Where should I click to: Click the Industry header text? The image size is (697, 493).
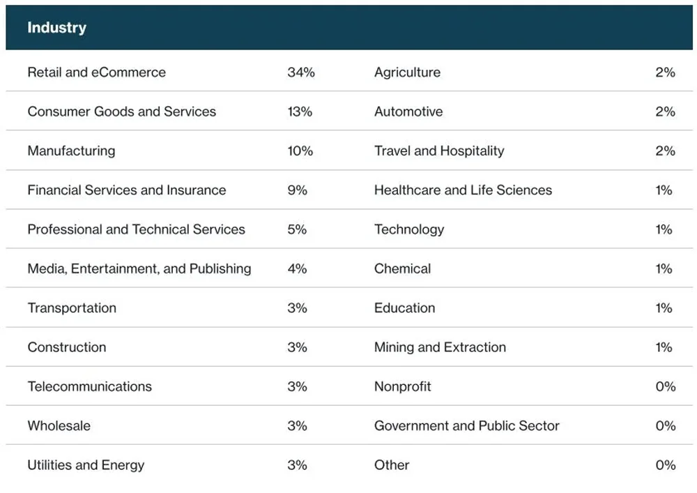56,28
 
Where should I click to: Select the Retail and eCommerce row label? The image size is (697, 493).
96,73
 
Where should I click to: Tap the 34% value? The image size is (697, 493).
300,73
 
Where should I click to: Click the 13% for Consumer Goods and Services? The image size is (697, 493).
300,112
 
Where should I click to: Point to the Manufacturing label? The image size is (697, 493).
71,151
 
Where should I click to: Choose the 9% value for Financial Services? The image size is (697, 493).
297,190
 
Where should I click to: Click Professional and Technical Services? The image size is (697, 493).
136,229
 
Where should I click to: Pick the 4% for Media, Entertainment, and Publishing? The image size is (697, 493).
297,268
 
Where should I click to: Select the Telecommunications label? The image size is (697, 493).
89,386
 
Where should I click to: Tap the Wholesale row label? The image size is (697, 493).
59,425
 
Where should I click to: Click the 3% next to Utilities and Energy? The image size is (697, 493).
297,465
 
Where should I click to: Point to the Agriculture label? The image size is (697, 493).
407,73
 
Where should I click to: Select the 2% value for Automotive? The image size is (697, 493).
665,112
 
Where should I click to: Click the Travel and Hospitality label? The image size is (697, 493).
438,151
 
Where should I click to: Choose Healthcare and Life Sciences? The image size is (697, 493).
463,190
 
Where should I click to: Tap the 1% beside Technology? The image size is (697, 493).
664,229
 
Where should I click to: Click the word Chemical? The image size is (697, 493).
402,268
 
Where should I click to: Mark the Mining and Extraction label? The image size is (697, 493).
440,347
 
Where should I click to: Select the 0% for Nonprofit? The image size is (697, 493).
665,386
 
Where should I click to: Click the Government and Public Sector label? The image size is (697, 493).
466,425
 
